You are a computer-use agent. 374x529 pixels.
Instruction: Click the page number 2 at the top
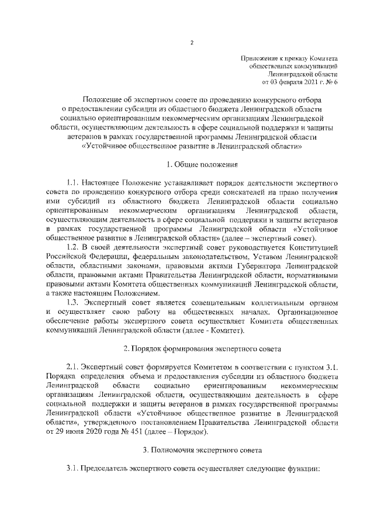(x=192, y=42)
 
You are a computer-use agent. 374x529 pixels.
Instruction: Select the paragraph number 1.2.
(x=73, y=248)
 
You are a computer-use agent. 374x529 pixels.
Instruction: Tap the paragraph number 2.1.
(x=73, y=367)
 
